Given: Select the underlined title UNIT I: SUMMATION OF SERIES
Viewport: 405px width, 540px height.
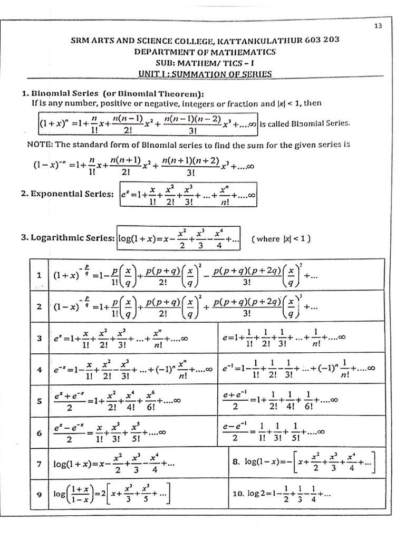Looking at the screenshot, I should coord(205,74).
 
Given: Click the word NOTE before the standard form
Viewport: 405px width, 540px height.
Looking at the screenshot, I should coord(38,144).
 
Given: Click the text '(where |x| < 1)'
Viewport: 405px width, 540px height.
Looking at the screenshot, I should coord(281,239).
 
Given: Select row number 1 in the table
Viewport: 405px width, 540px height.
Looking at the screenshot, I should coord(39,275).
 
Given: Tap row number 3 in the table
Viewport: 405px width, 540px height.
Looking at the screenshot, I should coord(39,338).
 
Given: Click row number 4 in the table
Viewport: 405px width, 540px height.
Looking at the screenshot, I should coord(39,369).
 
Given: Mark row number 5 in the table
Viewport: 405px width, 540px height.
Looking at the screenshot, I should coord(39,401).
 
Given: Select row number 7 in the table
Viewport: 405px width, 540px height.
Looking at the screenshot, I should coord(39,464).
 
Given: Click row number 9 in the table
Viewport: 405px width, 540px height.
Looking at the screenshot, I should coord(39,495).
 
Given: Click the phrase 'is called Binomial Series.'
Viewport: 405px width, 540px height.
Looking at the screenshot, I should coord(304,124).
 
